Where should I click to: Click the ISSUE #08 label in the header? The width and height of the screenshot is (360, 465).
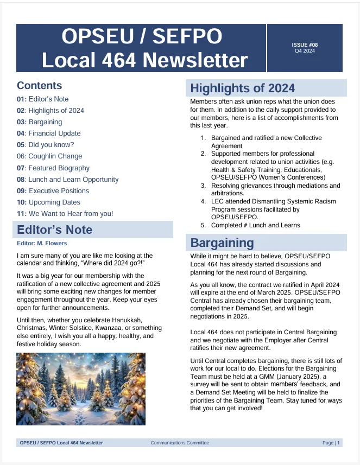[x=304, y=44]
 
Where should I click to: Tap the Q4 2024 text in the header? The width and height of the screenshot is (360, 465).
[x=304, y=51]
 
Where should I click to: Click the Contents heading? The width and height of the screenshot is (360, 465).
[x=39, y=85]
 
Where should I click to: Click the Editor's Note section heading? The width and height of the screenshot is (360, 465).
[x=54, y=230]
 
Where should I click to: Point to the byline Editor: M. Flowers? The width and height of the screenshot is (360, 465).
[x=42, y=243]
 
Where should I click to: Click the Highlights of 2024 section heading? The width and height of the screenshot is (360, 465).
[x=242, y=88]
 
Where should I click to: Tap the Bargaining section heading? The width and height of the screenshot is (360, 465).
[x=222, y=243]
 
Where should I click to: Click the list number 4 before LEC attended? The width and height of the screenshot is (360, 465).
[x=203, y=201]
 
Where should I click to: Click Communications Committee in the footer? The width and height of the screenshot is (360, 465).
[x=180, y=443]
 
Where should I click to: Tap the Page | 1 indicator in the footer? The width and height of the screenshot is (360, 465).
[x=331, y=443]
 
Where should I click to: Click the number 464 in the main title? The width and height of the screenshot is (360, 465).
[x=119, y=60]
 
